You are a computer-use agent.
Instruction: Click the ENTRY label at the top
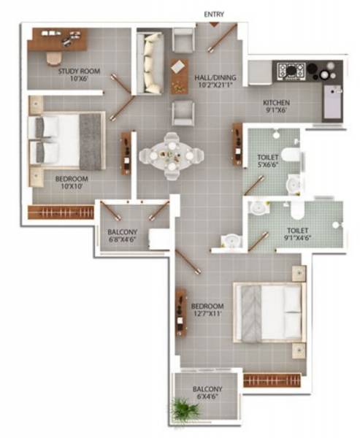click(x=215, y=14)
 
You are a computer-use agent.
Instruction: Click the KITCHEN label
click(x=277, y=103)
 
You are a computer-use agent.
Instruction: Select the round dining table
click(x=171, y=153)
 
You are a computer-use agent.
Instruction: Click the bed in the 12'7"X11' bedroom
click(x=271, y=312)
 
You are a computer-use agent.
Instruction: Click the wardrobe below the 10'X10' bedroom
click(x=61, y=212)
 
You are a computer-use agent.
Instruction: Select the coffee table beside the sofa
click(x=179, y=74)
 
